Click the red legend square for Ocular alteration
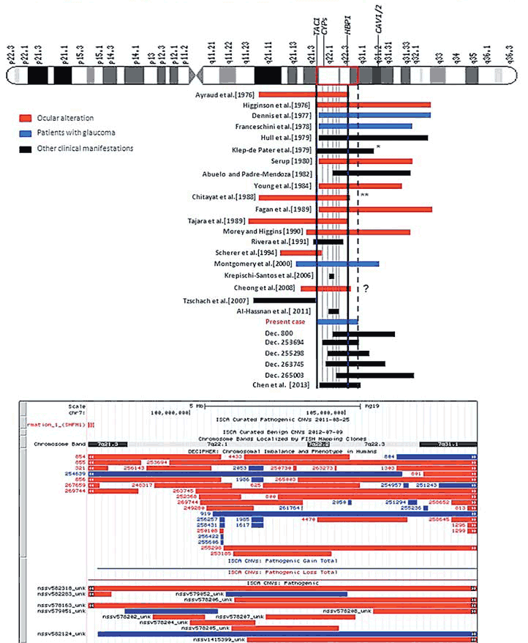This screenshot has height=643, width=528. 23,118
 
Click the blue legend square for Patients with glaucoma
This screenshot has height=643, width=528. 23,133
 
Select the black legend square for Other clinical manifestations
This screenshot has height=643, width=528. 23,149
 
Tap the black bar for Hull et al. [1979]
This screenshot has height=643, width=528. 372,137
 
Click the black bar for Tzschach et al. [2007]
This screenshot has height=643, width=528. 284,300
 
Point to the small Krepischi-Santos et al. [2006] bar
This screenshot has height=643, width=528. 332,276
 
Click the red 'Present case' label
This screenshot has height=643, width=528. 290,321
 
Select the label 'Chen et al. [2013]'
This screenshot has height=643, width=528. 290,384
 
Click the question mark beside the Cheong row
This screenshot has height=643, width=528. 365,289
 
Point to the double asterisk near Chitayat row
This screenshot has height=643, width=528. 363,196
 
